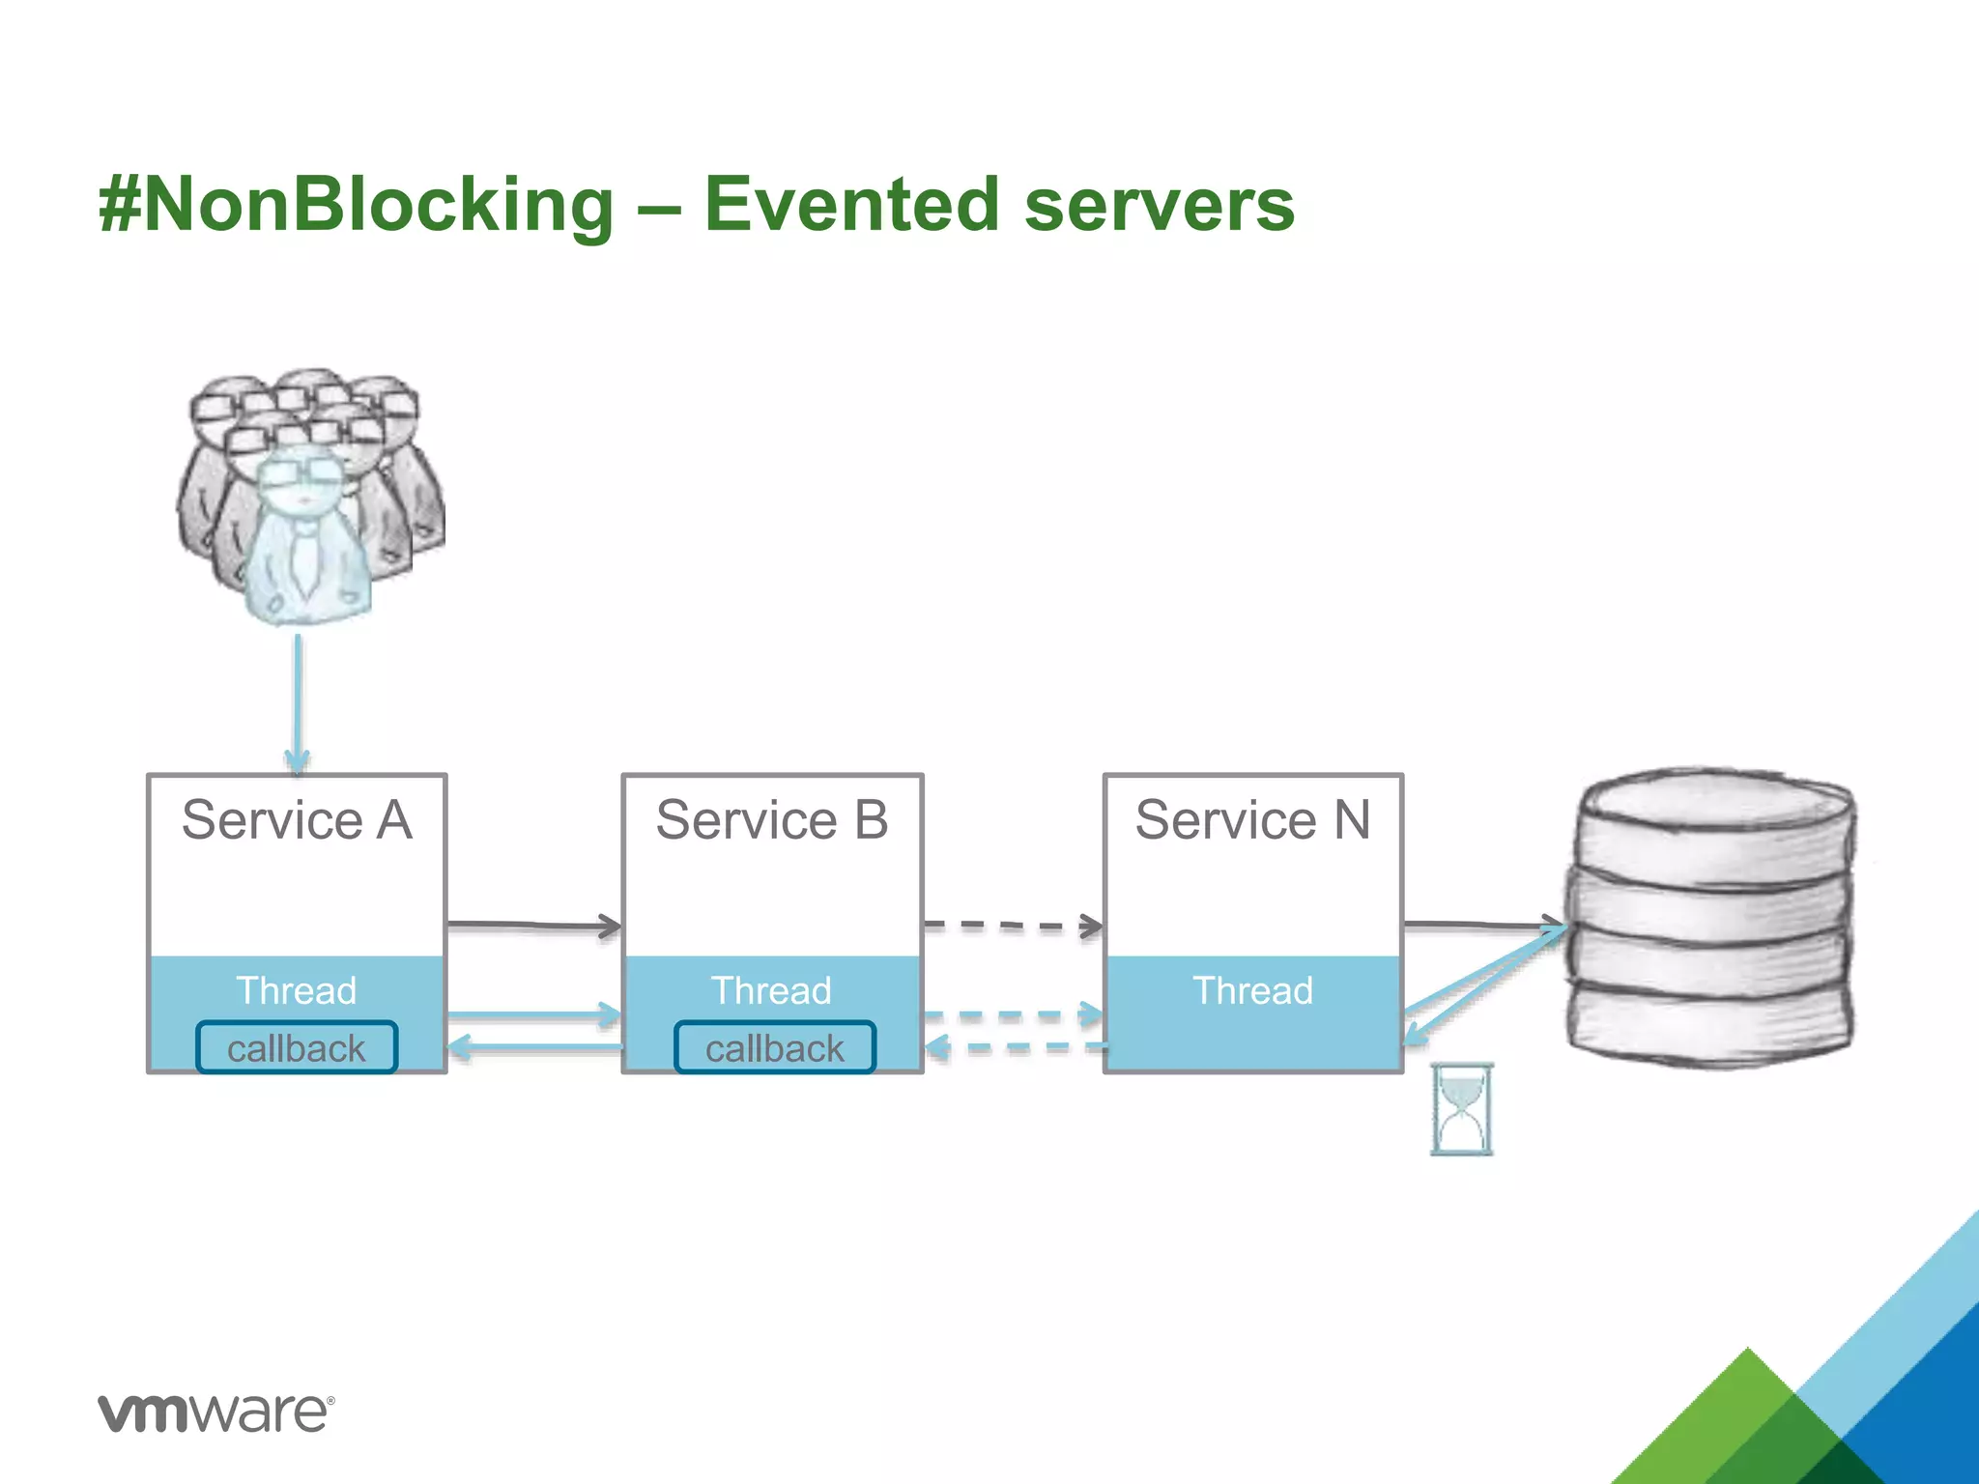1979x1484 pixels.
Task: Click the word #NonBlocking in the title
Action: pyautogui.click(x=356, y=205)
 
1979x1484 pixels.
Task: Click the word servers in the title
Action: pyautogui.click(x=1159, y=205)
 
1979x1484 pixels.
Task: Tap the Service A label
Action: pyautogui.click(x=297, y=820)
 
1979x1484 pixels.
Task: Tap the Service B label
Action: pyautogui.click(x=771, y=820)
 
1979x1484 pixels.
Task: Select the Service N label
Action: pyautogui.click(x=1252, y=820)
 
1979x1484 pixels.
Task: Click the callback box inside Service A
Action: pyautogui.click(x=297, y=1048)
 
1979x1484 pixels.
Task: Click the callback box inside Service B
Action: pyautogui.click(x=774, y=1048)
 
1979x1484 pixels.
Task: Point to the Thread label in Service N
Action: pyautogui.click(x=1252, y=990)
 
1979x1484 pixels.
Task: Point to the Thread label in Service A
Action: pyautogui.click(x=297, y=990)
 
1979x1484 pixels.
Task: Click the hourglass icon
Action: pyautogui.click(x=1461, y=1109)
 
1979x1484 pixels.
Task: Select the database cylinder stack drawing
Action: pyautogui.click(x=1708, y=918)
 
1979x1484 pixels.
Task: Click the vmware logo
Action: pyautogui.click(x=215, y=1413)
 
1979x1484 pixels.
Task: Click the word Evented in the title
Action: pyautogui.click(x=850, y=205)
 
